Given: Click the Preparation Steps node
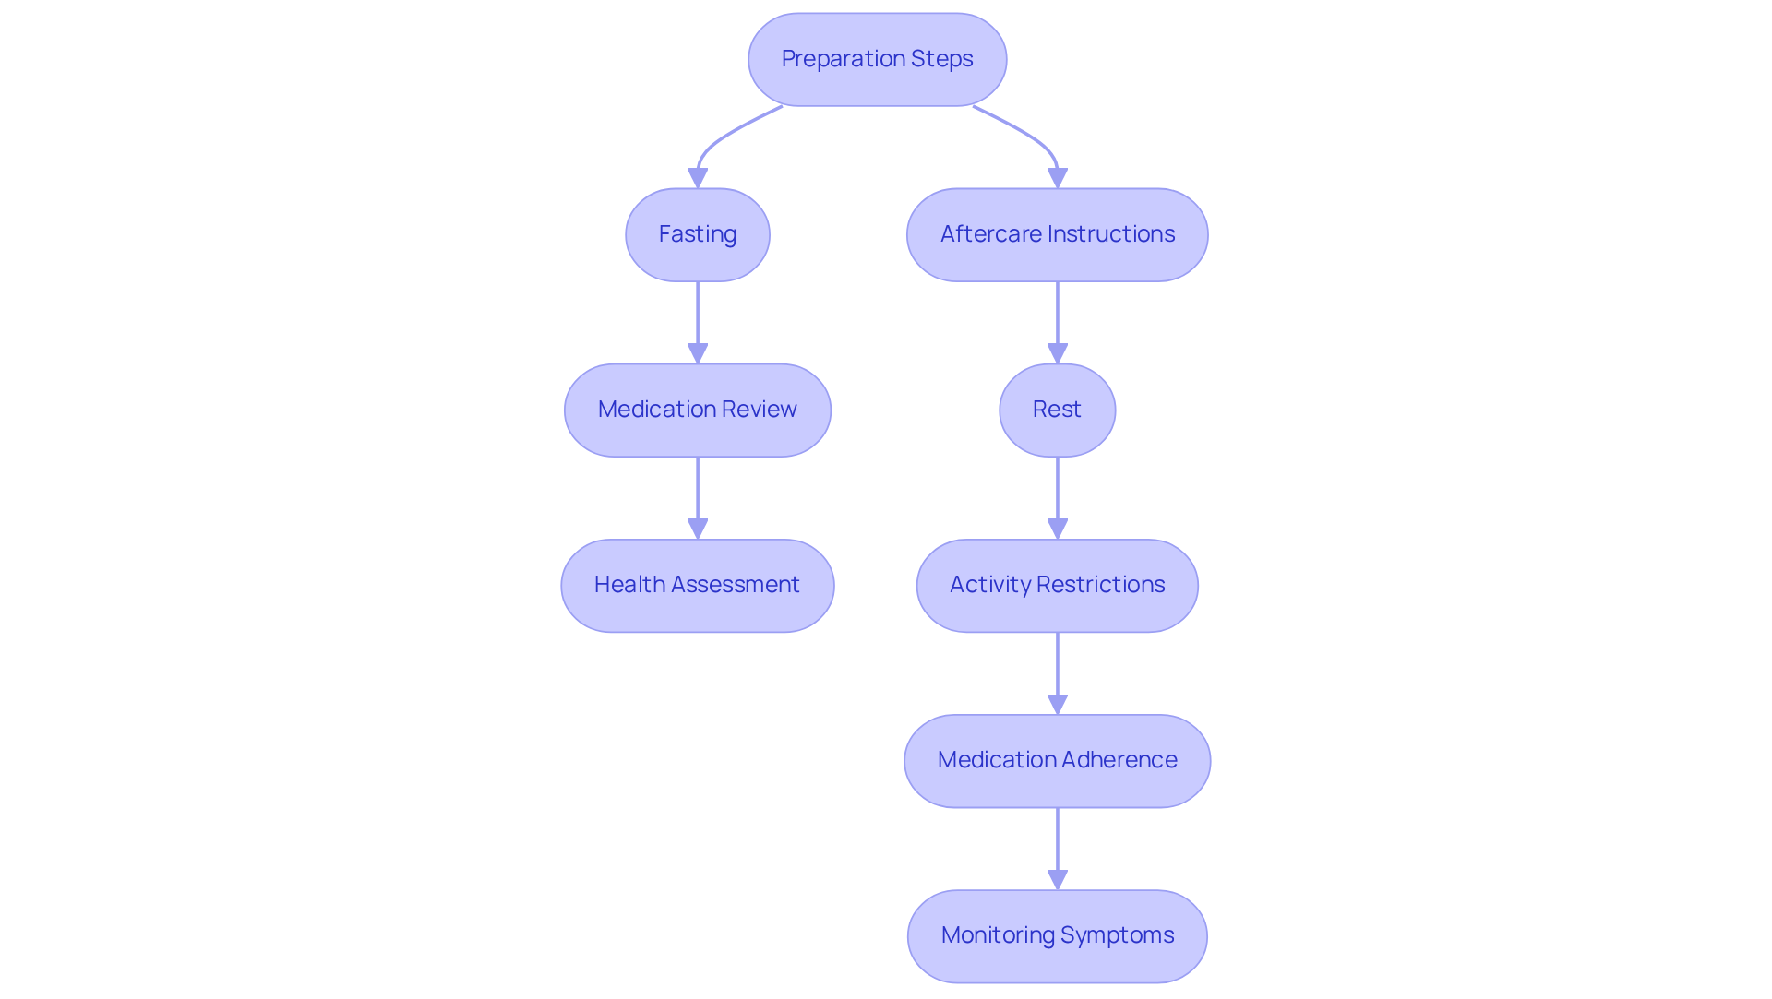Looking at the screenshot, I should coord(877,59).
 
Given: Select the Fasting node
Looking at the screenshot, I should coord(698,234).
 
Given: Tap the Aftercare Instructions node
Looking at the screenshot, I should coord(1057,234).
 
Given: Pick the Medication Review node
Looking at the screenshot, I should coord(698,410).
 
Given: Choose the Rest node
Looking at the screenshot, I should coord(1057,410).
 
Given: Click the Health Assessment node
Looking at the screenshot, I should coord(698,585).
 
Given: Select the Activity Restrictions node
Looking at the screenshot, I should coord(1057,585).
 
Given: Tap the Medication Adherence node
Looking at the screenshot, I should coord(1057,760).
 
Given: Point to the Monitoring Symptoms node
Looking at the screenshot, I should coord(1057,935).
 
